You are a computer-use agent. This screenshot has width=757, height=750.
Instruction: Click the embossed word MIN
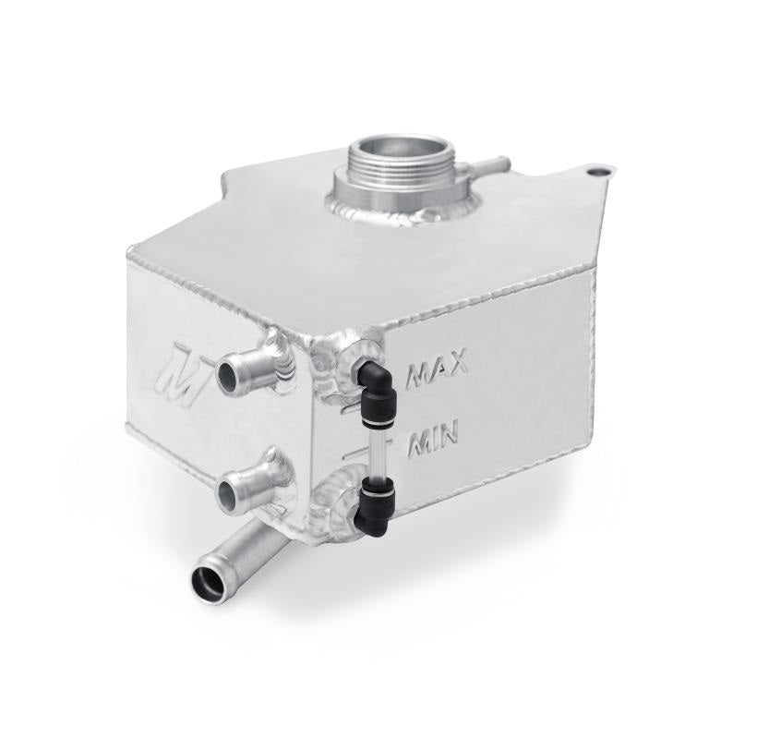433,441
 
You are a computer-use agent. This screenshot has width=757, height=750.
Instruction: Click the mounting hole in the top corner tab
598,173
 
